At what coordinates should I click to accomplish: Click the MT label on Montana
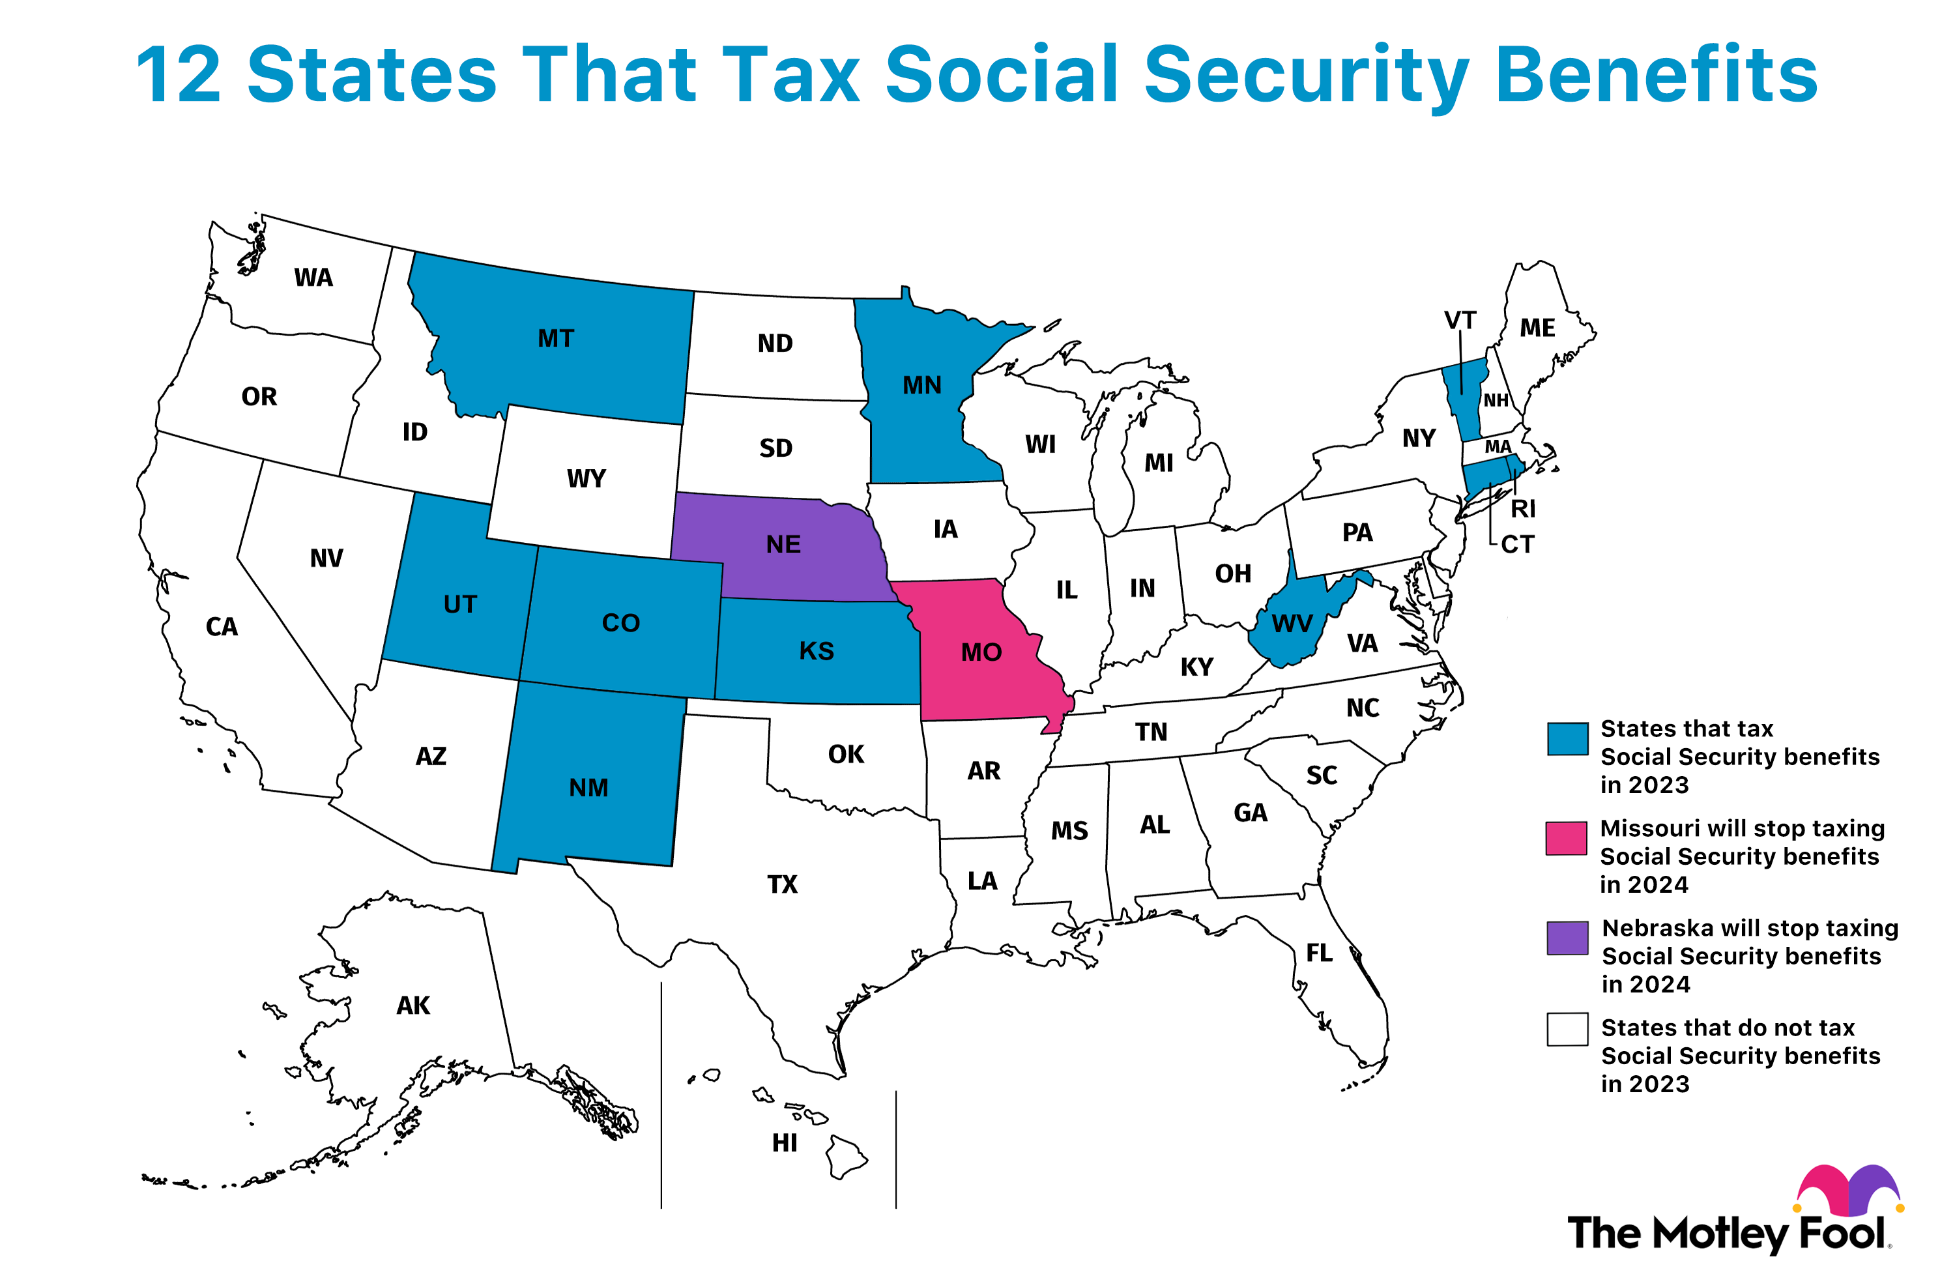(555, 338)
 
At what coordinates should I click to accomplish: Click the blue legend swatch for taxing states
(1567, 738)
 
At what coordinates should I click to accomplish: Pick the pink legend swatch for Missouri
(1566, 839)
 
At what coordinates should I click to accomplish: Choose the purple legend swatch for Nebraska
(1567, 938)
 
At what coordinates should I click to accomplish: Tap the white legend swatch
(1567, 1029)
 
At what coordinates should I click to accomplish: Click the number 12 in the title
(179, 76)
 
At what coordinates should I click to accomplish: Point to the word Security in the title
(1306, 76)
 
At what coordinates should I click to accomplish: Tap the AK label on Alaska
(413, 1006)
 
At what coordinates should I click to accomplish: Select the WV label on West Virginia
(1292, 624)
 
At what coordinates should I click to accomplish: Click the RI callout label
(1522, 509)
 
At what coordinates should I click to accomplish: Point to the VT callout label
(1460, 321)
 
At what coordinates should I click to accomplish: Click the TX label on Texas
(782, 885)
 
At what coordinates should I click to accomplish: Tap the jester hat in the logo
(1848, 1190)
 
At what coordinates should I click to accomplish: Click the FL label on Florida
(1319, 953)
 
